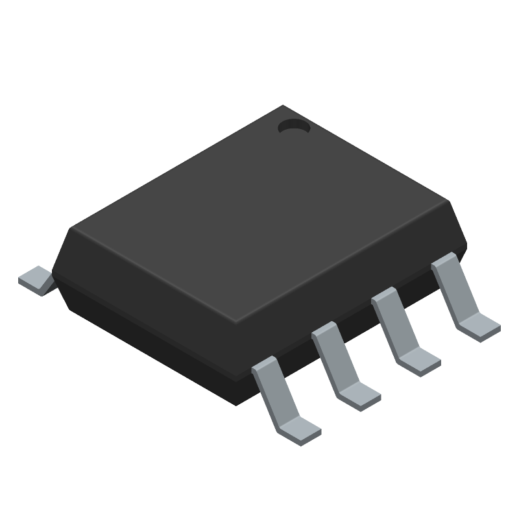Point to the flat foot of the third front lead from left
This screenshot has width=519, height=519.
point(418,360)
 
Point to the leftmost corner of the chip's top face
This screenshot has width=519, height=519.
point(73,227)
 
